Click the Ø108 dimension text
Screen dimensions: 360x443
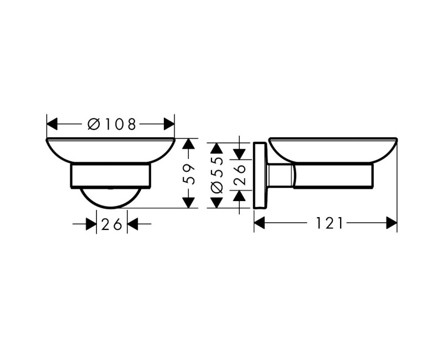pyautogui.click(x=111, y=124)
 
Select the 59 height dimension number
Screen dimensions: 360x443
pyautogui.click(x=189, y=173)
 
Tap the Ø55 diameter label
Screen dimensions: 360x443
pyautogui.click(x=217, y=174)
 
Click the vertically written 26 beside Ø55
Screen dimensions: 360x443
pyautogui.click(x=239, y=174)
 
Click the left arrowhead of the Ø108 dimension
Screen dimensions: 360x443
pyautogui.click(x=53, y=124)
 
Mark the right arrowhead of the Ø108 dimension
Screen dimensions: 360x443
pyautogui.click(x=168, y=124)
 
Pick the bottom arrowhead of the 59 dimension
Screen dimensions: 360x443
pyautogui.click(x=189, y=202)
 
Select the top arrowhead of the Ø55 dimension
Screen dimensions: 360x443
pyautogui.click(x=217, y=148)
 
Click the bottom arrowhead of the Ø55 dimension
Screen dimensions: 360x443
pyautogui.click(x=217, y=202)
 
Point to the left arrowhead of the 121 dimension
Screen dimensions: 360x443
pyautogui.click(x=260, y=223)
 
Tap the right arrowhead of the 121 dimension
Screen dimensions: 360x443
pyautogui.click(x=392, y=223)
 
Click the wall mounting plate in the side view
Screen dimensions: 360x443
pyautogui.click(x=259, y=175)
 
